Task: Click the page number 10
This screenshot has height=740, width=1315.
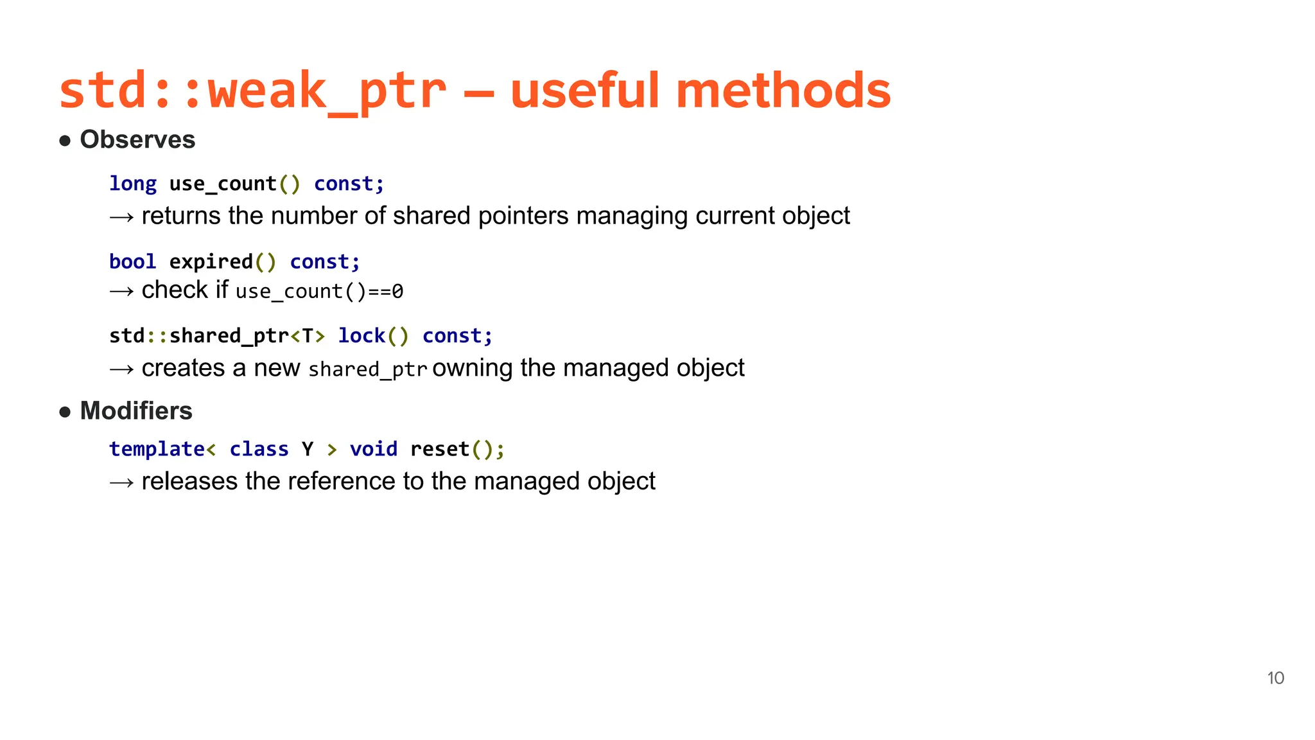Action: coord(1275,678)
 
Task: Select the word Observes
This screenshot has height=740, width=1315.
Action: coord(137,140)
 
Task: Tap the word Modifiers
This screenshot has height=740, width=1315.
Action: coord(136,411)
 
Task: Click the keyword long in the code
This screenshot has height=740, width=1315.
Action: coord(133,184)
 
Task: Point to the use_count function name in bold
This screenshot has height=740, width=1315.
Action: coord(223,184)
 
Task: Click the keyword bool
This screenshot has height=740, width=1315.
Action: coord(133,262)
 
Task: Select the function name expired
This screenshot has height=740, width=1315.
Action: coord(211,262)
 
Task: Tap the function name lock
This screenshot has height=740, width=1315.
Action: coord(361,336)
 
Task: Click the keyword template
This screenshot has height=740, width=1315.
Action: coord(157,449)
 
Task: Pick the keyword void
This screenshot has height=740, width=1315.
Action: coord(374,449)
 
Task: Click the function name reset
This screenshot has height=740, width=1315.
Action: coord(440,449)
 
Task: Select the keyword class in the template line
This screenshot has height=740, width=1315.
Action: coord(259,449)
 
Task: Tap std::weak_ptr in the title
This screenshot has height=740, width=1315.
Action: coord(252,91)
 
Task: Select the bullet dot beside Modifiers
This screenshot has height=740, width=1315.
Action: coord(65,412)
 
